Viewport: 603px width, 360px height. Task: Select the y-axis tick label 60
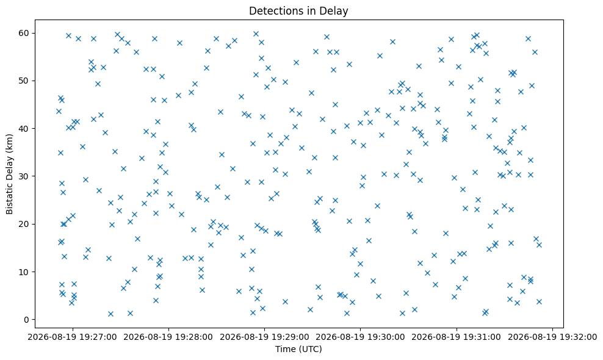point(24,33)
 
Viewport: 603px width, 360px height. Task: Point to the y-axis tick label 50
point(24,81)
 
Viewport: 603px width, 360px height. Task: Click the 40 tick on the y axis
point(24,129)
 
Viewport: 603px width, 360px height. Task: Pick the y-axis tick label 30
point(24,176)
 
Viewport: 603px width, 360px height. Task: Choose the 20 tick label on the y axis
point(24,224)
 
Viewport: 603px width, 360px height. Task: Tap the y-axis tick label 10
point(24,272)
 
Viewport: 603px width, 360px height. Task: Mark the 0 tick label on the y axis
point(27,320)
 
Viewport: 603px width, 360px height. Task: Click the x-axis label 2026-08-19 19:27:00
point(72,337)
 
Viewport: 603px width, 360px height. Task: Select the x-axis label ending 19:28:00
point(168,337)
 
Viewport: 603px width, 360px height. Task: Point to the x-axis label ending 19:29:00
point(264,337)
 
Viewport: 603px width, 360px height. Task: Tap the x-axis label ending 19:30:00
point(360,337)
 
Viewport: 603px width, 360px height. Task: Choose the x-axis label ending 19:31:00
point(457,337)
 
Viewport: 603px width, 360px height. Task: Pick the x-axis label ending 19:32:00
point(552,337)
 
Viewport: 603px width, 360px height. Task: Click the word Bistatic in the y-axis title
point(10,200)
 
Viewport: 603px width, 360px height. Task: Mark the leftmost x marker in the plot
point(59,112)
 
